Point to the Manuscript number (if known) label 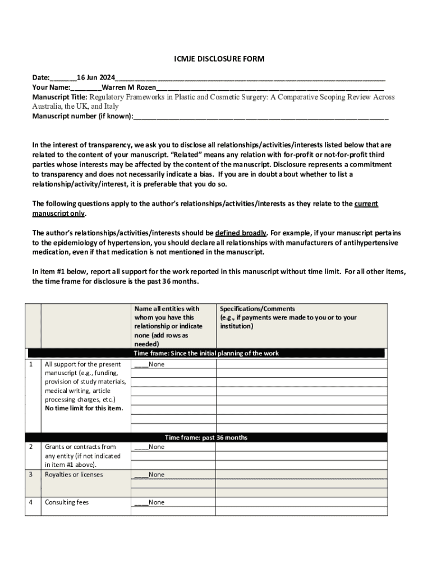click(82, 117)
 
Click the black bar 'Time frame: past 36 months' click(205, 437)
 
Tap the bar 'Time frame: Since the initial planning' click(205, 353)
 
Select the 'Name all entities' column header click(167, 309)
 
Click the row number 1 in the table click(30, 364)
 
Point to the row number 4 click(30, 502)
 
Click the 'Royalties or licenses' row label click(73, 475)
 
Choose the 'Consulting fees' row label click(67, 502)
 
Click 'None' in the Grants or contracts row click(157, 447)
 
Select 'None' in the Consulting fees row click(157, 503)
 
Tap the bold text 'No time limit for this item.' click(84, 408)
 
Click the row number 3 click(30, 475)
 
